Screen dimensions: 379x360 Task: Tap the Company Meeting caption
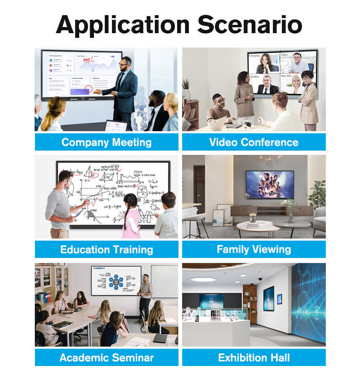107,142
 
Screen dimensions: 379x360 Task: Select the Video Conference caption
254,142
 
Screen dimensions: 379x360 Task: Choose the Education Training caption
107,249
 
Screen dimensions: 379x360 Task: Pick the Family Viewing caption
254,249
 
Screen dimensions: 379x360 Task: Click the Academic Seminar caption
107,357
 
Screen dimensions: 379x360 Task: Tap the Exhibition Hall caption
254,357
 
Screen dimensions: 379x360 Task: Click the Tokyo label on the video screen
284,55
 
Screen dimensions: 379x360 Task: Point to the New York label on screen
286,76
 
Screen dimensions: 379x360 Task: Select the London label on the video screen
255,77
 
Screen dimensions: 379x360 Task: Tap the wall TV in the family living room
270,184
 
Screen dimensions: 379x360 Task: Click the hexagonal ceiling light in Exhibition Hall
204,279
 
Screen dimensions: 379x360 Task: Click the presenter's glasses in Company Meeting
124,64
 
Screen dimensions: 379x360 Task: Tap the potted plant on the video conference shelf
186,84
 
